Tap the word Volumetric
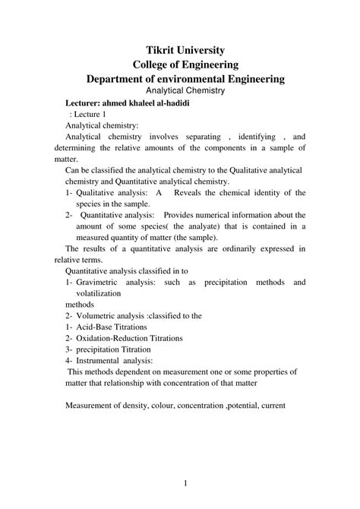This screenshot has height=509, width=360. [x=103, y=315]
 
